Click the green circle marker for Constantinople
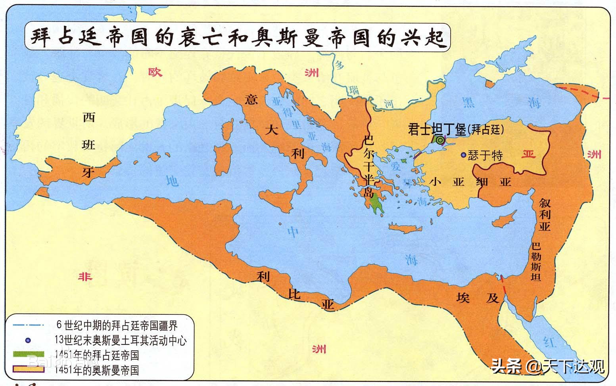click(440, 140)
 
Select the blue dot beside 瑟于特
click(463, 155)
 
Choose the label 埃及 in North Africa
click(478, 298)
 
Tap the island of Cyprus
click(505, 218)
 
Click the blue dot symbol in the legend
click(27, 340)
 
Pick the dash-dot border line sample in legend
click(28, 325)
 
